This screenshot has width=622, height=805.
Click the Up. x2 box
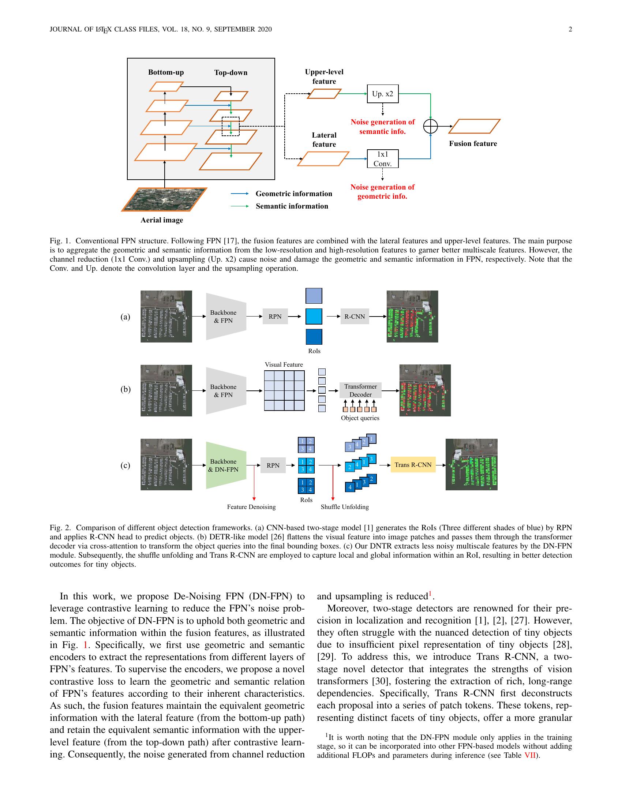(382, 94)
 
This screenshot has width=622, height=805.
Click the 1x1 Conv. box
(382, 158)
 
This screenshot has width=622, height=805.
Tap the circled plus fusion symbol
(430, 127)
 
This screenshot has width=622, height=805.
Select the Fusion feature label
(473, 144)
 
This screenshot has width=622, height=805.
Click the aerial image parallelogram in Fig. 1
(164, 199)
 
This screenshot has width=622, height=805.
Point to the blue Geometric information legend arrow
(240, 194)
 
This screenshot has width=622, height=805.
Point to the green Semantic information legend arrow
(240, 206)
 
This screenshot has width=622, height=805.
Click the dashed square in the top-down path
(231, 126)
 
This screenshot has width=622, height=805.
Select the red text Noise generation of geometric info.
(382, 192)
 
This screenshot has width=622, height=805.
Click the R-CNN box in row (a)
(355, 317)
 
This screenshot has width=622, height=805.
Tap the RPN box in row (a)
(275, 317)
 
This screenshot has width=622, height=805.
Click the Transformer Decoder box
(360, 390)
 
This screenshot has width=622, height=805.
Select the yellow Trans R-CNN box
(413, 465)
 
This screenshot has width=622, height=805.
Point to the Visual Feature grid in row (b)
(284, 391)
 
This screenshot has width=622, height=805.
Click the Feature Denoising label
(251, 507)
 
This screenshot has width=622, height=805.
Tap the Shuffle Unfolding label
(345, 507)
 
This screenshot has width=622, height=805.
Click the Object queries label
(360, 418)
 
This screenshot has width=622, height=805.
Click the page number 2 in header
(570, 30)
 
